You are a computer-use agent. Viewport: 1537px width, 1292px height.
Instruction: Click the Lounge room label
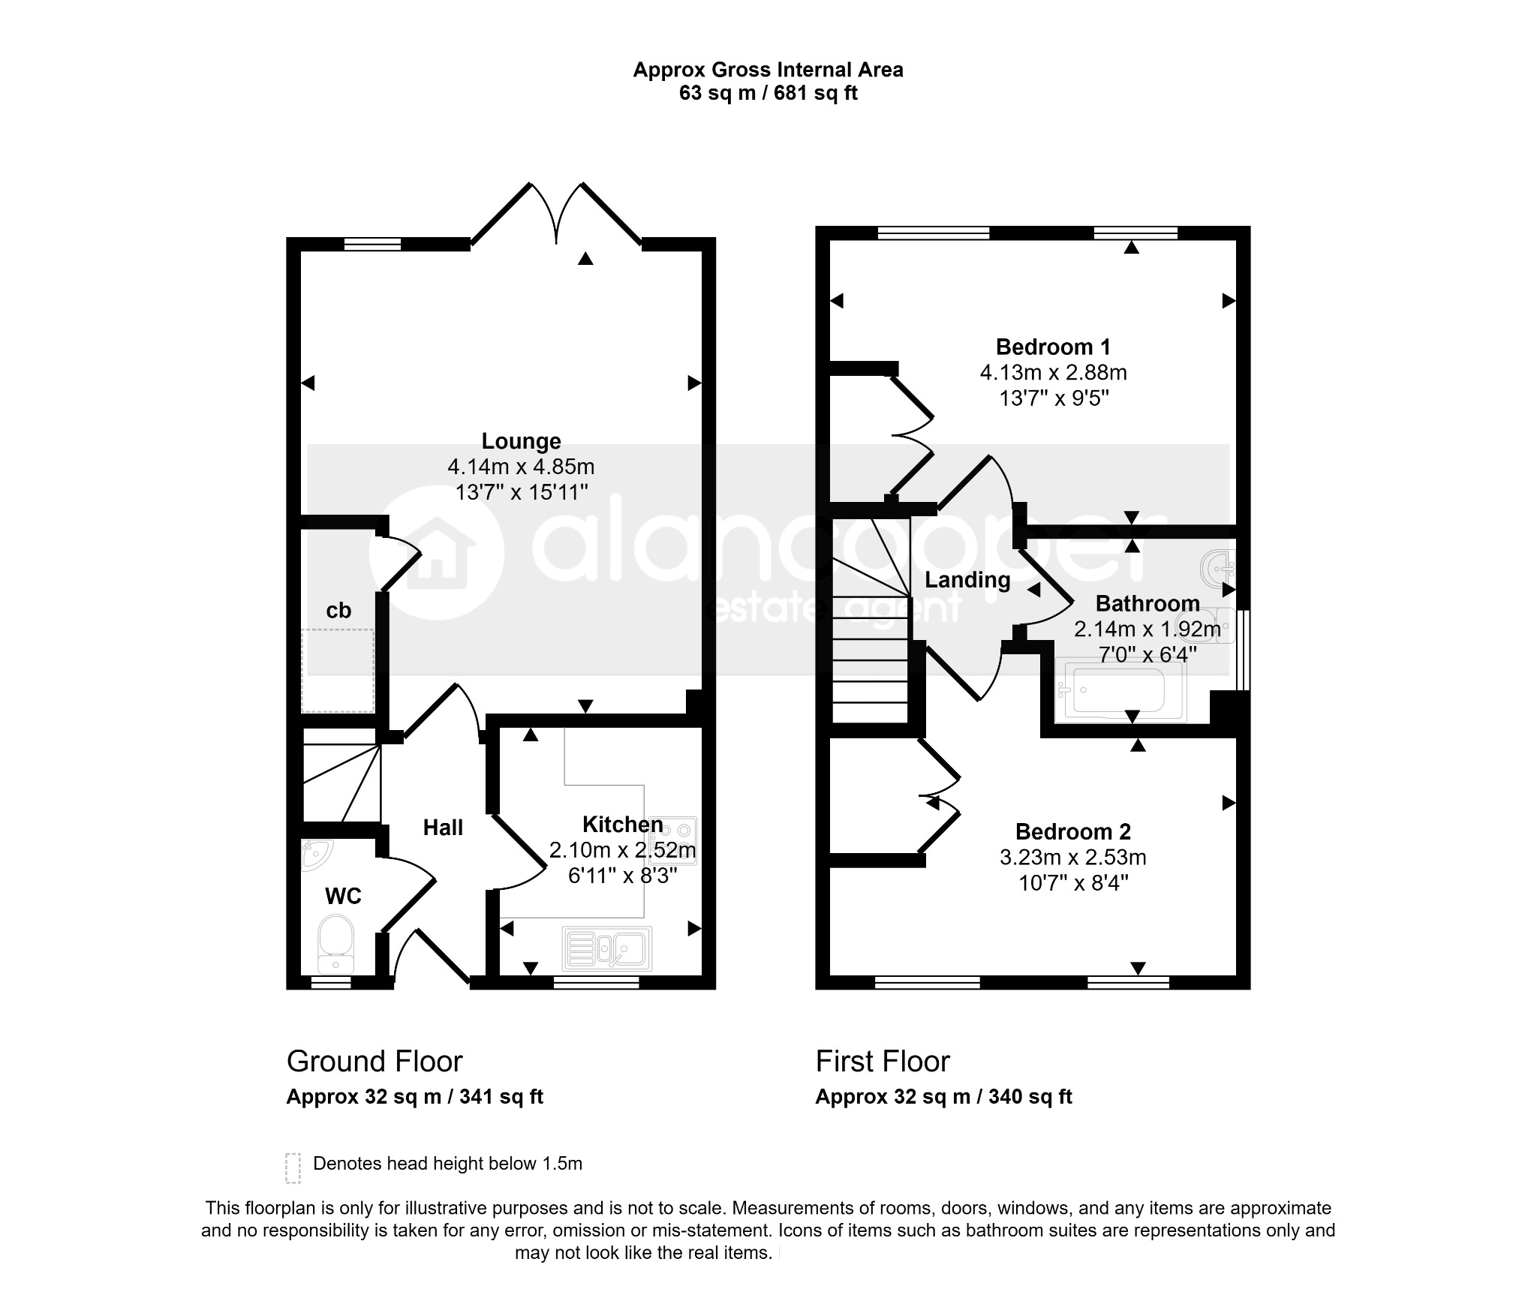pos(521,441)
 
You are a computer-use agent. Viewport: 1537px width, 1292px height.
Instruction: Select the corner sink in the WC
pos(316,854)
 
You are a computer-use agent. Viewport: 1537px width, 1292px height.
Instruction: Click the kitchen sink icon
pos(606,948)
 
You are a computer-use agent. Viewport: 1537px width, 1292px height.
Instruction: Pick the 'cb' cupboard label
pos(338,610)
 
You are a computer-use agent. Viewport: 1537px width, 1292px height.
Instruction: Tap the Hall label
pos(443,828)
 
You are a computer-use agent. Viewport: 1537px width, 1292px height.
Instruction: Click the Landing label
pos(967,580)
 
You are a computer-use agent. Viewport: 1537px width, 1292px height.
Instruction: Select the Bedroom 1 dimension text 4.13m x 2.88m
pos(1053,372)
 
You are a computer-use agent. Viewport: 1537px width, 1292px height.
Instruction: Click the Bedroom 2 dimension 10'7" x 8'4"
pos(1073,883)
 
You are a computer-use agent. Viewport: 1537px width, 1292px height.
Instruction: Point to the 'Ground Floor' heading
pos(374,1062)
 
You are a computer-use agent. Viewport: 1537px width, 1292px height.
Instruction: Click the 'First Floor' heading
pos(883,1062)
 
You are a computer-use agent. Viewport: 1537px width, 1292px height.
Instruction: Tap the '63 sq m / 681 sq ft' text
pos(768,93)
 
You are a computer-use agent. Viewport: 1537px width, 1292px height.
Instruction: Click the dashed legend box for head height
pos(293,1168)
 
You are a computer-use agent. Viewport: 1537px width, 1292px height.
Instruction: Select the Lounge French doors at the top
pos(556,214)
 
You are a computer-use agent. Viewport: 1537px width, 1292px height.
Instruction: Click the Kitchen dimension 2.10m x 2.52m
pos(622,850)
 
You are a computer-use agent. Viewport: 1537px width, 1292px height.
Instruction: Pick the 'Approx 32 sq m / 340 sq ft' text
pos(943,1097)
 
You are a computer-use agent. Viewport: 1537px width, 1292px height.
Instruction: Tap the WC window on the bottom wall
pos(331,982)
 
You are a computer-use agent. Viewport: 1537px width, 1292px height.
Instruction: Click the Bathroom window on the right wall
pos(1244,650)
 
